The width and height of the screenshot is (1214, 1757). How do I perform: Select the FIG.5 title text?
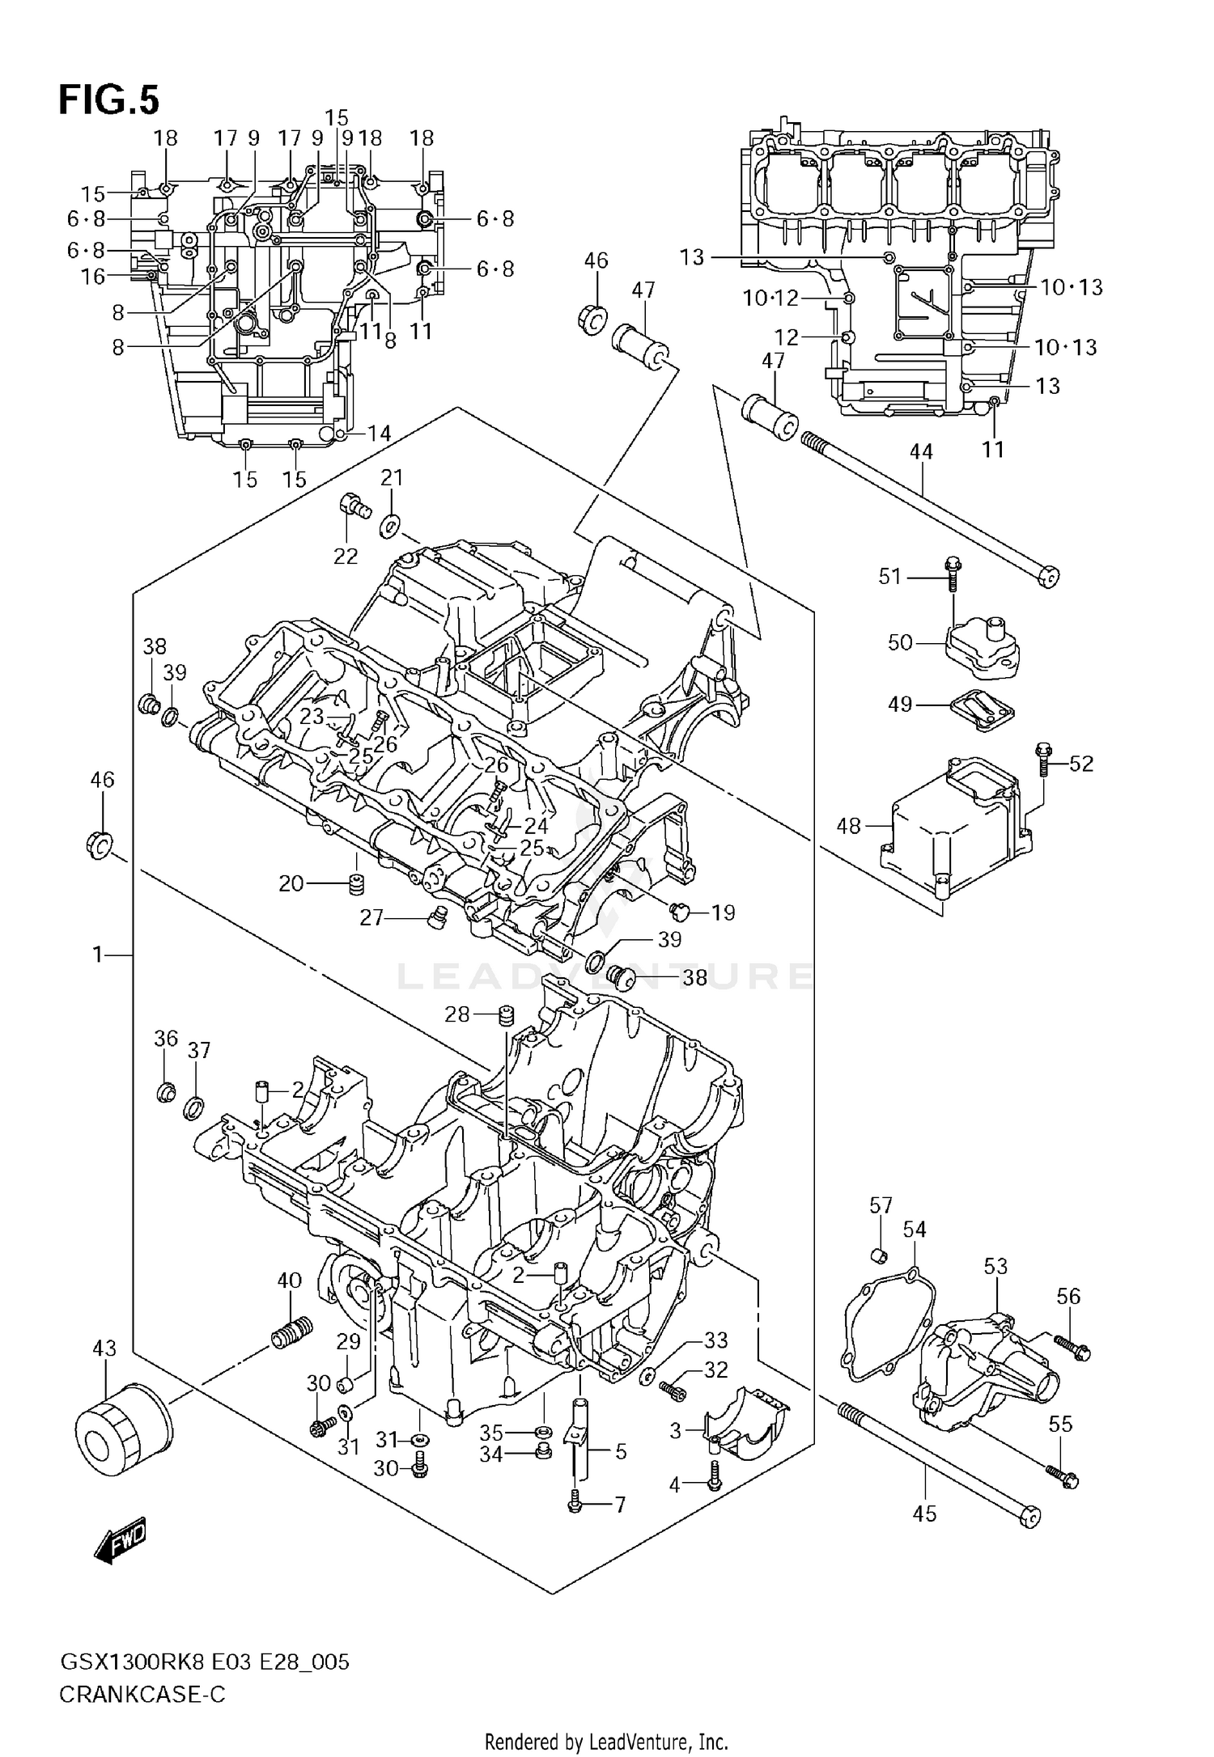(x=108, y=100)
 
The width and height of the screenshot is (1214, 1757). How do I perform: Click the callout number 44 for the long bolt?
(x=921, y=451)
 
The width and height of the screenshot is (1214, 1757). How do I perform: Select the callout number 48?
(x=848, y=826)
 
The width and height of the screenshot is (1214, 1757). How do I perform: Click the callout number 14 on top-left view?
(x=379, y=434)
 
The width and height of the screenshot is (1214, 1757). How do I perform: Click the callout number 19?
(x=723, y=912)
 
